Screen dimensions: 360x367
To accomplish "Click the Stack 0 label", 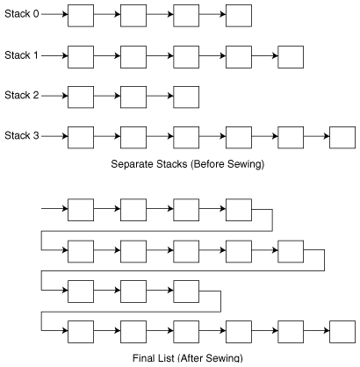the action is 22,14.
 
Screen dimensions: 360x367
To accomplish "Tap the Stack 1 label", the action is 21,55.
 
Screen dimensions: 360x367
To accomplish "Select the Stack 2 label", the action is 22,95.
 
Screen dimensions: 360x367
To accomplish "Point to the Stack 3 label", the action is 22,135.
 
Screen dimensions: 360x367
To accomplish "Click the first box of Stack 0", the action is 81,16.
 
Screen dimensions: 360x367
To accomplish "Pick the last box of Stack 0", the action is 239,16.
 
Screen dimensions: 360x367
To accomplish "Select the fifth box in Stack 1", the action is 291,57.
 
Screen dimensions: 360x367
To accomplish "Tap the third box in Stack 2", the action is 186,97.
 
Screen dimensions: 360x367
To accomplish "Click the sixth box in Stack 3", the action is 342,138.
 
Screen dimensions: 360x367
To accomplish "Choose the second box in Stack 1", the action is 133,57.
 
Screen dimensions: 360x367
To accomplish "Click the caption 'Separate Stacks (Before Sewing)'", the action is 188,164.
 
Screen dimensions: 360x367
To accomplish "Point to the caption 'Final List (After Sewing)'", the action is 188,358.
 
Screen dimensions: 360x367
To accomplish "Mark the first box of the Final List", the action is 81,210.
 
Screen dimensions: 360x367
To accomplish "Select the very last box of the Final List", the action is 342,332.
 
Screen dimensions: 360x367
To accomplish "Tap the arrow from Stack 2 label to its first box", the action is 54,96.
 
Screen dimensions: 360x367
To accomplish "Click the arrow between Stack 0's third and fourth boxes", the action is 212,14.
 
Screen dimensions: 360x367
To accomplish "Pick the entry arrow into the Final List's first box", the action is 54,209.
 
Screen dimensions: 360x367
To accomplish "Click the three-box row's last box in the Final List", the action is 186,291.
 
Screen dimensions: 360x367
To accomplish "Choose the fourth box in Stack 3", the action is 239,138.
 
